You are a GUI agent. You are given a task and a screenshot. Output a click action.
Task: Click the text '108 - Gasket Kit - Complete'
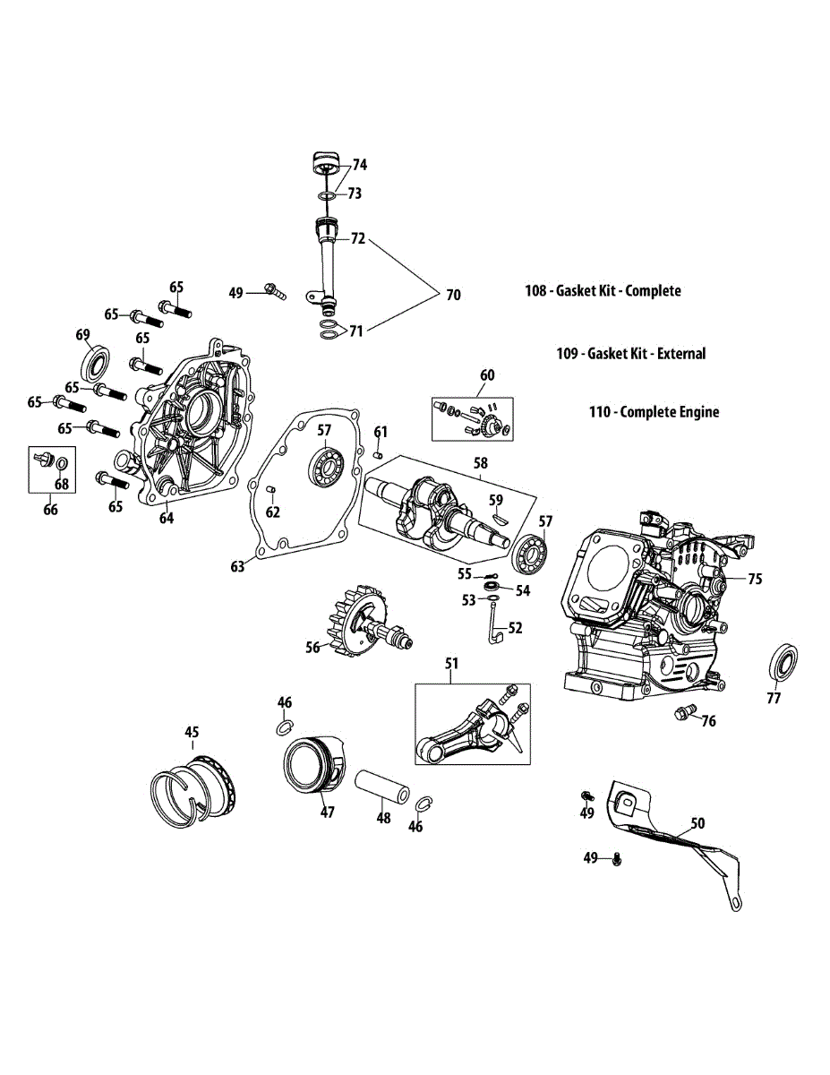point(603,290)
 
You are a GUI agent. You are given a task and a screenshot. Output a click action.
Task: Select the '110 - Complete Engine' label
point(654,412)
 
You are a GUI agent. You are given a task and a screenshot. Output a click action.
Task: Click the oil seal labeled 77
point(784,667)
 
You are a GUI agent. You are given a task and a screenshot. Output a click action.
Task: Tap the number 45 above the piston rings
point(192,732)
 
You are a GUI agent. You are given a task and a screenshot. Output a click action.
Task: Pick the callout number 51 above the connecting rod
point(452,663)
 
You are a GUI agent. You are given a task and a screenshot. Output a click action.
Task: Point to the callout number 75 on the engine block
point(755,579)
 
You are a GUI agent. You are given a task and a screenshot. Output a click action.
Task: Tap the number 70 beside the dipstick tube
point(453,295)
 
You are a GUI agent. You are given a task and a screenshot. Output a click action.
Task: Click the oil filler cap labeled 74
point(326,165)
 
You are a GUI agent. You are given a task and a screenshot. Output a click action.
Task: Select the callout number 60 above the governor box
point(487,374)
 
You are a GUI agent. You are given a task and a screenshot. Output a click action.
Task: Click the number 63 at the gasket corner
point(238,566)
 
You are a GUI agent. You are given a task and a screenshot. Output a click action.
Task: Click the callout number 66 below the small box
point(50,510)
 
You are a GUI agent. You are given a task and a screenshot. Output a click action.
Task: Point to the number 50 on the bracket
point(697,821)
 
